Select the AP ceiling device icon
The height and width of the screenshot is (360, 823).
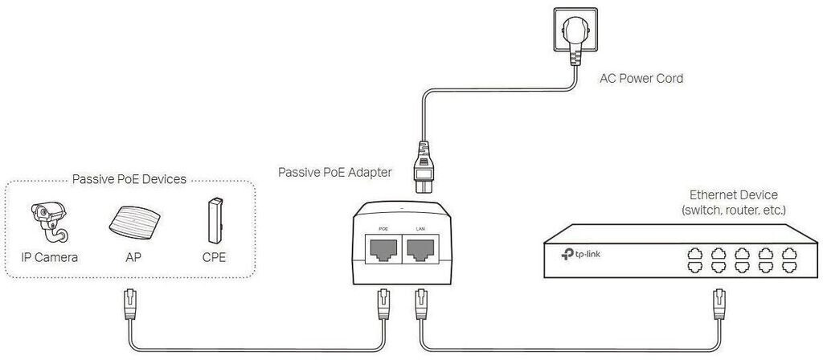coord(133,219)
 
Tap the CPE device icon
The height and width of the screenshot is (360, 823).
coord(214,219)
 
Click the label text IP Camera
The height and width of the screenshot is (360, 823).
coord(50,258)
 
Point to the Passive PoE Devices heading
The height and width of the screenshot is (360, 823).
coord(129,179)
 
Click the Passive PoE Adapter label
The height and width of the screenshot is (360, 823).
coord(334,172)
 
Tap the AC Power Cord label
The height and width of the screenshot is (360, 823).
coord(641,79)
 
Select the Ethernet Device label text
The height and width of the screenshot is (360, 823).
coord(734,195)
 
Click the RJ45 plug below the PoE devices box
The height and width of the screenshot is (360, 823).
coord(129,305)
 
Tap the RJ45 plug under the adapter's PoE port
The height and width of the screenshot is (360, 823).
coord(383,305)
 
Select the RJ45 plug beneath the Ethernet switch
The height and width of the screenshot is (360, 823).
coord(718,305)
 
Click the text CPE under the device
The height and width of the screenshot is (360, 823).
coord(214,258)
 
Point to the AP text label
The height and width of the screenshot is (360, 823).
coord(133,258)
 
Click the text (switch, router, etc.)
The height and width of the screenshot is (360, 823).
coord(734,211)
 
